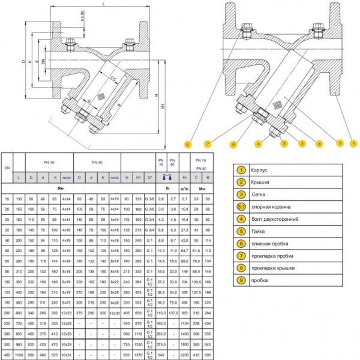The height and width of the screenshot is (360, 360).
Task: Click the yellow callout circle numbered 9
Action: coord(188,145)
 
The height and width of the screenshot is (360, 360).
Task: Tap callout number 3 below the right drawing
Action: coord(340,143)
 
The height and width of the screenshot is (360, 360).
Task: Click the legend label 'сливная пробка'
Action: coord(269,244)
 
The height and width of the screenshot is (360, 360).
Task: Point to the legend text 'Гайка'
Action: coord(259,231)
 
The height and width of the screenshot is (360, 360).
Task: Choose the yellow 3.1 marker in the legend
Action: coord(241,206)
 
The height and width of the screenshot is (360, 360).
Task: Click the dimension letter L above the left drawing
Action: coord(104,4)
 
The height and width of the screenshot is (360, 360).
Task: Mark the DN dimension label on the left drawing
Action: coord(43,64)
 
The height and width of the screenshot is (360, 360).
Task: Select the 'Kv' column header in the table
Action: coord(185,178)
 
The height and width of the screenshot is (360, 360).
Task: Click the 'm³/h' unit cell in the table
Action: coord(185,188)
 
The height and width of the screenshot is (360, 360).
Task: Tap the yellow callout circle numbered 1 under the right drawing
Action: coord(354,143)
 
